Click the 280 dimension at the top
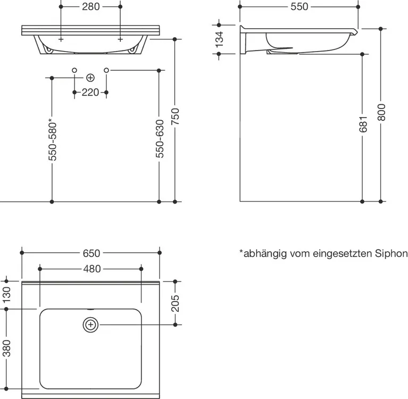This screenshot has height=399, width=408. [x=91, y=7]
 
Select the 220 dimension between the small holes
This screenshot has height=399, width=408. [x=90, y=93]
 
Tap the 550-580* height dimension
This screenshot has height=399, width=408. [x=52, y=139]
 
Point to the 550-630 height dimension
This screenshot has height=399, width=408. [x=159, y=139]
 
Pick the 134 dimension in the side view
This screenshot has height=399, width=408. [x=218, y=40]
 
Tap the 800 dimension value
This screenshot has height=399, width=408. [x=381, y=111]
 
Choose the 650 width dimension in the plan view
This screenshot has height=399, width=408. [x=91, y=253]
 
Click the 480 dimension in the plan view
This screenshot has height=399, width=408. [x=91, y=269]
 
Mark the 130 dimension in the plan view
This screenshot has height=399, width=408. [x=6, y=294]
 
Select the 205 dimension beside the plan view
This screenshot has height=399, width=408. [x=176, y=303]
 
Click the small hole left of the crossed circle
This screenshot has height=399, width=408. [x=74, y=70]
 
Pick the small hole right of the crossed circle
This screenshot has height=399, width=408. [x=106, y=70]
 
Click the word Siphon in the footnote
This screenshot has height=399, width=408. [x=391, y=254]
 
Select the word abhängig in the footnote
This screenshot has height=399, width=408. [x=262, y=254]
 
